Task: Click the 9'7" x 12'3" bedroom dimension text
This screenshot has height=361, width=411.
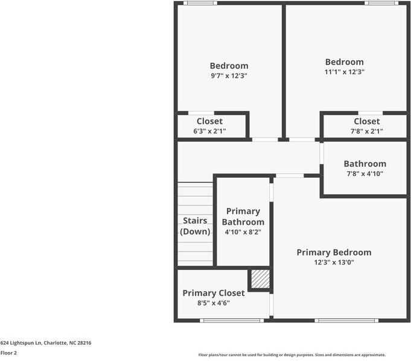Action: (x=229, y=76)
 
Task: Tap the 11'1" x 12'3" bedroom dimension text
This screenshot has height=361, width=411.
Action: (x=344, y=72)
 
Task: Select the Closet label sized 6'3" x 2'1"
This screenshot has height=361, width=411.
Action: (x=209, y=121)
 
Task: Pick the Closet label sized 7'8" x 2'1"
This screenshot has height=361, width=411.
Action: (x=367, y=121)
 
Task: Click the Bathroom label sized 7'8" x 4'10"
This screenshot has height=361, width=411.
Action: (x=365, y=164)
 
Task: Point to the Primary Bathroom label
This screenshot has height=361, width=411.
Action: (x=243, y=216)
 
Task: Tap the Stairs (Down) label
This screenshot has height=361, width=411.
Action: (x=195, y=226)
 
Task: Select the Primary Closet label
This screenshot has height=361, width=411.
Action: (x=214, y=293)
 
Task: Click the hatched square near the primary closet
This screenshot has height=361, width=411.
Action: (x=260, y=278)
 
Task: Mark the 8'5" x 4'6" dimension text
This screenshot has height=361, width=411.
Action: (x=214, y=303)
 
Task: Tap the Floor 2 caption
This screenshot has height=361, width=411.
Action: (x=8, y=353)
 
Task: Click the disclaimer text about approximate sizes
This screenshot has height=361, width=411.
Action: (x=292, y=355)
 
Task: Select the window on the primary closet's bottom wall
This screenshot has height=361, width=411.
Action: (x=224, y=320)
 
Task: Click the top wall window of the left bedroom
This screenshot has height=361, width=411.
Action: (x=200, y=3)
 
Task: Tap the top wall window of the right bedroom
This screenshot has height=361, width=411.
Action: (x=381, y=3)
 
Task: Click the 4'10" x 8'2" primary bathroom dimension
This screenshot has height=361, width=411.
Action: (x=243, y=232)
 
